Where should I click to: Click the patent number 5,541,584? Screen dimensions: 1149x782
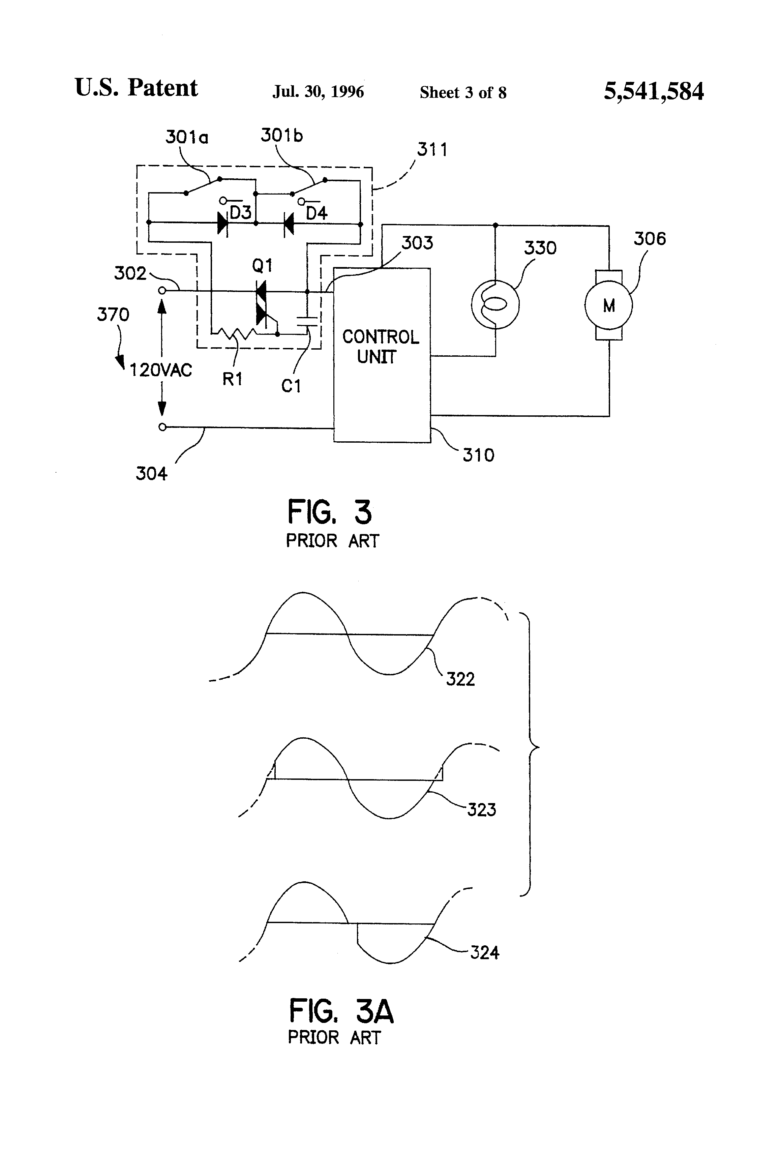654,91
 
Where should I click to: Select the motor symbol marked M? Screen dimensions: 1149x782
608,305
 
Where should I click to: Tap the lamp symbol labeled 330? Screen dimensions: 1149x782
495,305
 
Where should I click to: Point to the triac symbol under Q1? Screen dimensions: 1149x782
261,302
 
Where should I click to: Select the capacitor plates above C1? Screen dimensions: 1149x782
307,319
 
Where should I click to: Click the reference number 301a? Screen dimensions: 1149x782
187,137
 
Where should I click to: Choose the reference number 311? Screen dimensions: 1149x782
432,149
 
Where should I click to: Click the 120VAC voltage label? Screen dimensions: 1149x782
161,370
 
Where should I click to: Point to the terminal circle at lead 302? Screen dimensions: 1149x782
162,291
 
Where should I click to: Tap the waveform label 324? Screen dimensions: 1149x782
484,952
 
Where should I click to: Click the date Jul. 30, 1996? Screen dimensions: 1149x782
318,92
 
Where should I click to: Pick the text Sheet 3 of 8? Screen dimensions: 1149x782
463,92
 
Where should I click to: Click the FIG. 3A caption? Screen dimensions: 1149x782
341,1011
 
